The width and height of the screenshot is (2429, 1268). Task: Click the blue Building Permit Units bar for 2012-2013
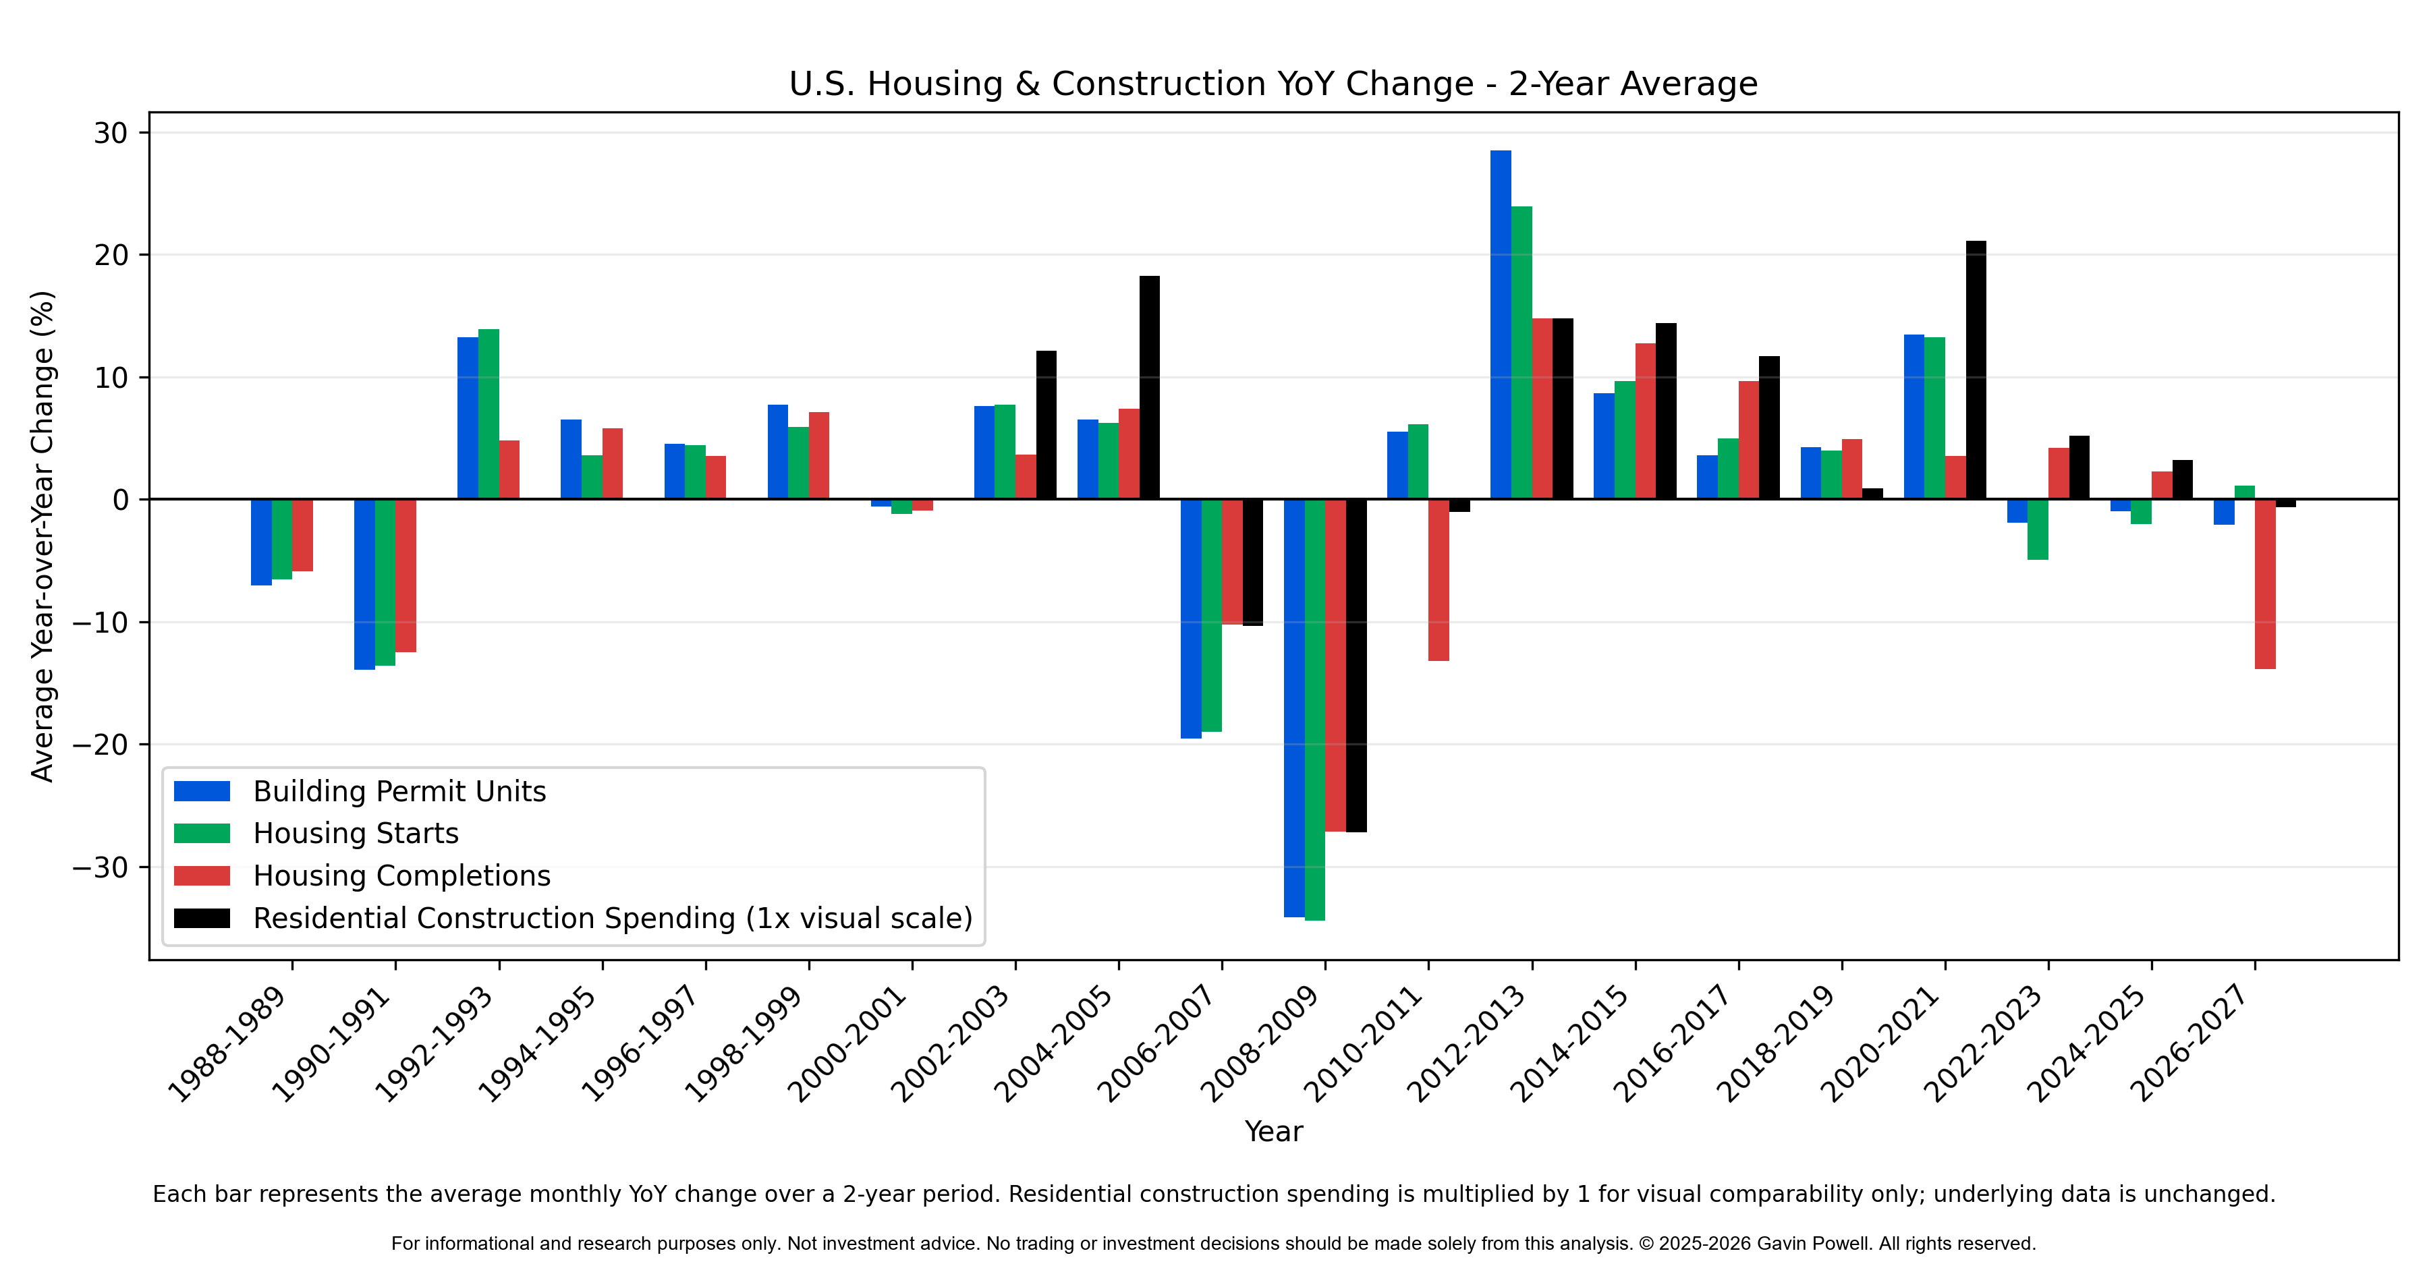click(x=1500, y=324)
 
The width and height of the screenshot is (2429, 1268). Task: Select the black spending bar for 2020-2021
click(x=1976, y=370)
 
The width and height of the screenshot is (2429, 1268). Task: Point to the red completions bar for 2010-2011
click(x=1439, y=580)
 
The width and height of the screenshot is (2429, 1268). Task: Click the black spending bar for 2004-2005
click(x=1150, y=387)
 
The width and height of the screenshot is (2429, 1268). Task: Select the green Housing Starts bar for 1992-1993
click(x=488, y=414)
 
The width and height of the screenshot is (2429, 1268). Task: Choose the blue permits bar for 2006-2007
click(x=1191, y=618)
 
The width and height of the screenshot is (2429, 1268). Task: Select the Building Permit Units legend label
click(x=400, y=791)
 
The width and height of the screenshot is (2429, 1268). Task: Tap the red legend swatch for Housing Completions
click(x=202, y=876)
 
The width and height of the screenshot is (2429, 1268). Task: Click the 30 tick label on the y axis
click(x=111, y=133)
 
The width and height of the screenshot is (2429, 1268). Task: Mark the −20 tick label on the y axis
click(x=100, y=745)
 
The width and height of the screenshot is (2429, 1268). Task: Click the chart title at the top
click(x=1273, y=84)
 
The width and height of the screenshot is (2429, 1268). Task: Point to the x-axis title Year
click(x=1273, y=1131)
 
